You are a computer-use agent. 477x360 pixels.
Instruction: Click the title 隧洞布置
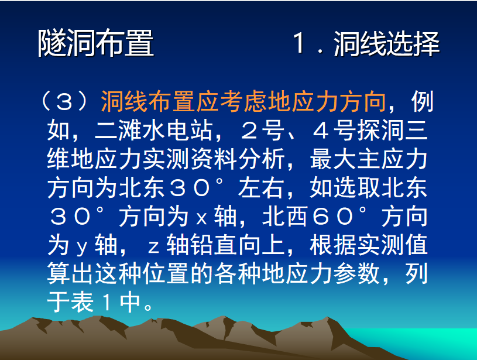[96, 43]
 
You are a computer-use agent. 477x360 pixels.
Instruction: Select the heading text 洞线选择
[387, 44]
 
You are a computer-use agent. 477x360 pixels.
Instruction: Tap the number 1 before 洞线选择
[300, 43]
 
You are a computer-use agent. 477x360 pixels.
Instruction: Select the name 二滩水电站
[153, 131]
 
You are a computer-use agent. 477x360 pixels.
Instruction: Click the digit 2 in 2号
[250, 131]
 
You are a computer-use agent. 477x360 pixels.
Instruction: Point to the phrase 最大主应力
[369, 159]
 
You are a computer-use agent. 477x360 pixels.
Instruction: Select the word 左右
[261, 188]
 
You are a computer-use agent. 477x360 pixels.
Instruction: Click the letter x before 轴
[201, 218]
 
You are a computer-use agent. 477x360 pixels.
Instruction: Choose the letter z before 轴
[153, 248]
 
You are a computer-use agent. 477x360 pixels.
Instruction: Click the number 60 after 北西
[333, 217]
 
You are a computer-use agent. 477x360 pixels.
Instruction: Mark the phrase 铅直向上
[238, 245]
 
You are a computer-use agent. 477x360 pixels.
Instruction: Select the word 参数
[357, 273]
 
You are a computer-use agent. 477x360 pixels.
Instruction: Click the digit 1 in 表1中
[106, 303]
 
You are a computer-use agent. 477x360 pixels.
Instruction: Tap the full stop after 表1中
[148, 307]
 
